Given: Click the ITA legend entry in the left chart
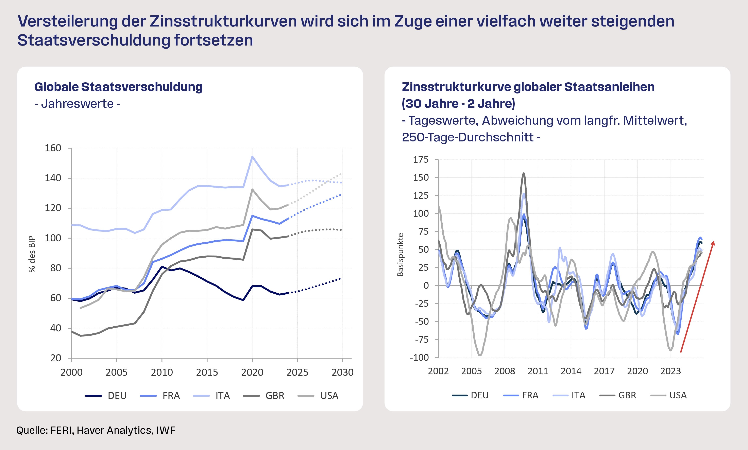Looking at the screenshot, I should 222,396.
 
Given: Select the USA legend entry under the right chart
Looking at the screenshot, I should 678,395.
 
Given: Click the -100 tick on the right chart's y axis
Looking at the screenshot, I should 419,358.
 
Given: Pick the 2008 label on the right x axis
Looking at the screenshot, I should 505,371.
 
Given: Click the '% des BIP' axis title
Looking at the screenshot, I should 32,254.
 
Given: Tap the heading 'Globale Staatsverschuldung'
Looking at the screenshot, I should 118,87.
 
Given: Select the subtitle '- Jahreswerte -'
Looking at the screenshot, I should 77,104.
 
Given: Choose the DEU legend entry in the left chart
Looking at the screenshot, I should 117,396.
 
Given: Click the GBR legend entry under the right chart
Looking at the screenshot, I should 627,395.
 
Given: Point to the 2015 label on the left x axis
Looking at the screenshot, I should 207,372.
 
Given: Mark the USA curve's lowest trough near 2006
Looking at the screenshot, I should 480,355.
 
